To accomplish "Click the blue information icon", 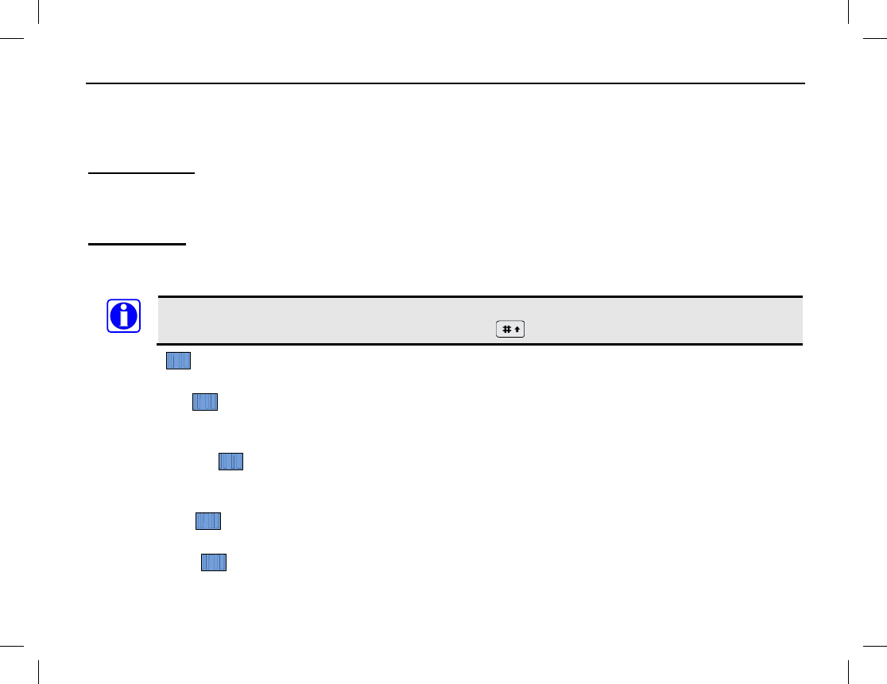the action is coord(123,315).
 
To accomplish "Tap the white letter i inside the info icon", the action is coord(123,316).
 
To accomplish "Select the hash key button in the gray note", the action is coord(510,329).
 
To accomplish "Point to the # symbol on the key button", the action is coord(505,329).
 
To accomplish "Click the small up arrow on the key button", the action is coord(517,329).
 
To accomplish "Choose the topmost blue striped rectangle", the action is coord(178,361).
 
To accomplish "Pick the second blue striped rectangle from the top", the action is coord(205,402).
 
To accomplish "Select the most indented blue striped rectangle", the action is coord(231,461).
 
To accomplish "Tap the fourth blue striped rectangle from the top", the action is coord(208,521).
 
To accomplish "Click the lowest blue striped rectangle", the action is coord(214,562).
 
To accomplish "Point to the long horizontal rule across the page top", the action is coord(445,83).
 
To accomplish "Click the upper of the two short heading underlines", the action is coord(141,172).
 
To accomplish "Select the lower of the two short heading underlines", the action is coord(137,245).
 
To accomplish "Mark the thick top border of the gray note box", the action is coord(480,296).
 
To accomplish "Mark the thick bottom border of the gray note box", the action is coord(480,344).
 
